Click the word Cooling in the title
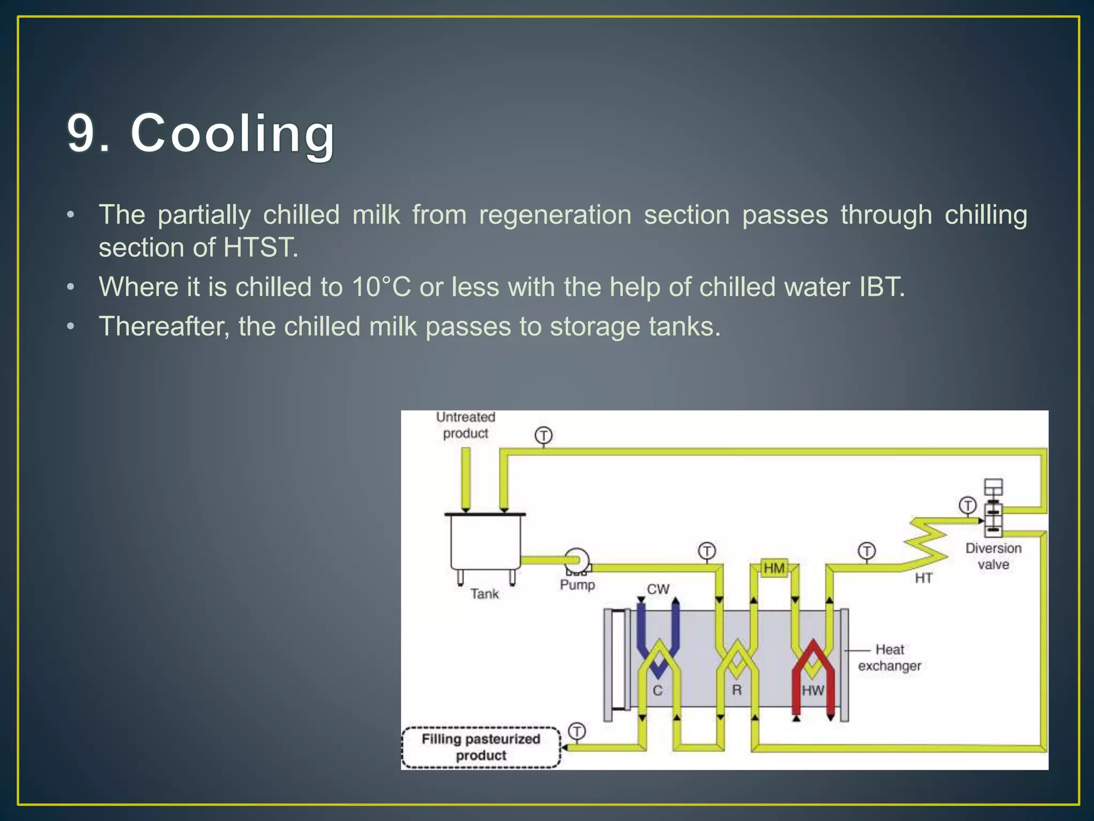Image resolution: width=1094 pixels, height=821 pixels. coord(233,134)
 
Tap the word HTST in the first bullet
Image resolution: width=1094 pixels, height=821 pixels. coord(259,247)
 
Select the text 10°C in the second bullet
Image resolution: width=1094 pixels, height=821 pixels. coord(381,287)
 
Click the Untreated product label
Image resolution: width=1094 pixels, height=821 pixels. coord(465,425)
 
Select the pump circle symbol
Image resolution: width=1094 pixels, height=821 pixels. coord(576,560)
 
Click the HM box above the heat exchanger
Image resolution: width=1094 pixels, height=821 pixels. coord(774,568)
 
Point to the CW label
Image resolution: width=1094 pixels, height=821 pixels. coord(658,589)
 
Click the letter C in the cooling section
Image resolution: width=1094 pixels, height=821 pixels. coord(658,690)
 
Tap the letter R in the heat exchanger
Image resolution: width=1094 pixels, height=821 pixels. coord(737,690)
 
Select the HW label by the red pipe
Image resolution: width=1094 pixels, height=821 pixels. coord(812,690)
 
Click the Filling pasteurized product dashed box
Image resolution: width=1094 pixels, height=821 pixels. coord(481,747)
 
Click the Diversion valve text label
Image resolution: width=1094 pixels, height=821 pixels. coord(993,556)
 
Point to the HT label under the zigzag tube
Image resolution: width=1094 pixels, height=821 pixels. coord(923,578)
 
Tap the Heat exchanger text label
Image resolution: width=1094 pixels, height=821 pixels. coord(889,657)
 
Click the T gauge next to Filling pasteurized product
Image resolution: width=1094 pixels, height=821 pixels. coord(577,731)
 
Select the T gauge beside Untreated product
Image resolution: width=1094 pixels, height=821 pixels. coord(543,435)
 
